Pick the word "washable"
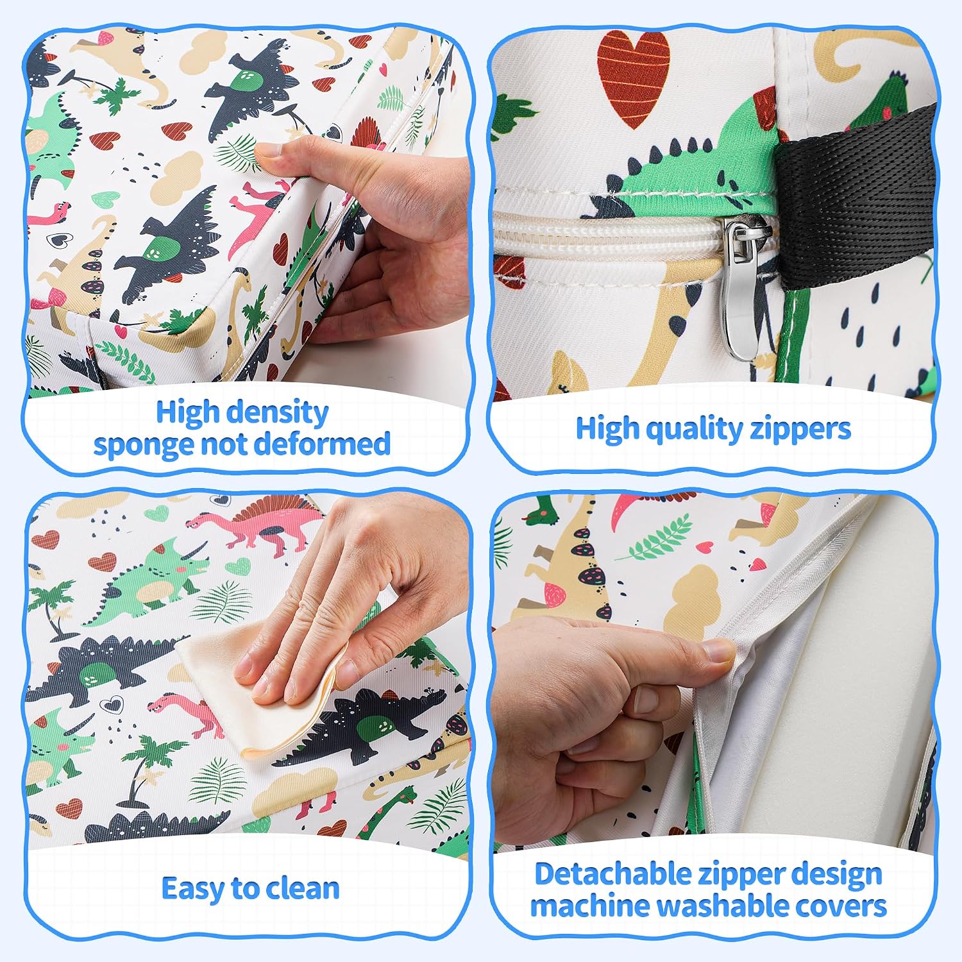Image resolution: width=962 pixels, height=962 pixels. coord(724,906)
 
